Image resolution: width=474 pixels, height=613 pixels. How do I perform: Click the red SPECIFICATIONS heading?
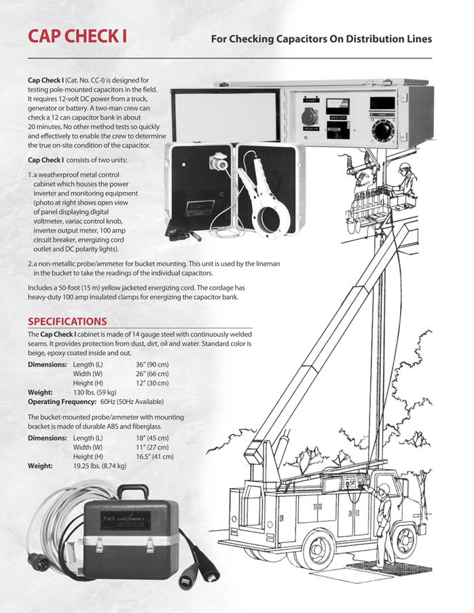(x=67, y=321)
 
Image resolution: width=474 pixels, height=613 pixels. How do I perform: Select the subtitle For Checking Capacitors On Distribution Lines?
(x=321, y=39)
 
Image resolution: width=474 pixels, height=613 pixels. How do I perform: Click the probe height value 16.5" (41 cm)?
(x=155, y=457)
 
